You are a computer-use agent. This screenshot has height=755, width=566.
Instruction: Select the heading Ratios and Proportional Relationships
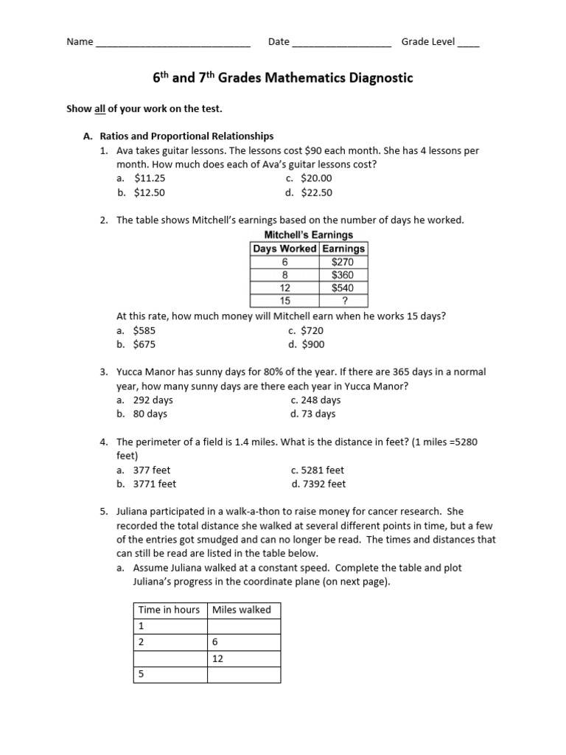click(x=186, y=136)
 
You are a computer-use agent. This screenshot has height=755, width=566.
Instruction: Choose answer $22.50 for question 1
click(x=317, y=192)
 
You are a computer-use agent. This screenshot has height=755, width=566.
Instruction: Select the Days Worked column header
click(x=284, y=248)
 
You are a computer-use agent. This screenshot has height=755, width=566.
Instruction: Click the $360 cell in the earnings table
click(x=343, y=275)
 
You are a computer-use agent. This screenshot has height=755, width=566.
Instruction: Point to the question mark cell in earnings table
click(x=343, y=301)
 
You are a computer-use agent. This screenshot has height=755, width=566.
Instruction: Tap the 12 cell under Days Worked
click(x=284, y=288)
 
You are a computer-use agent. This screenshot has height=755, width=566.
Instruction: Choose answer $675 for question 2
click(x=144, y=344)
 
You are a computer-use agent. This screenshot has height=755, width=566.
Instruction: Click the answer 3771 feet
click(x=155, y=484)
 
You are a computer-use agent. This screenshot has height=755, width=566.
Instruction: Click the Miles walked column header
click(x=242, y=610)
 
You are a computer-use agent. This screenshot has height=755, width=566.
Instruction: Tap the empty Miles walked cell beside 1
click(x=243, y=626)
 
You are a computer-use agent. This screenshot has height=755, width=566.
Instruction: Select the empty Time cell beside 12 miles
click(x=170, y=658)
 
